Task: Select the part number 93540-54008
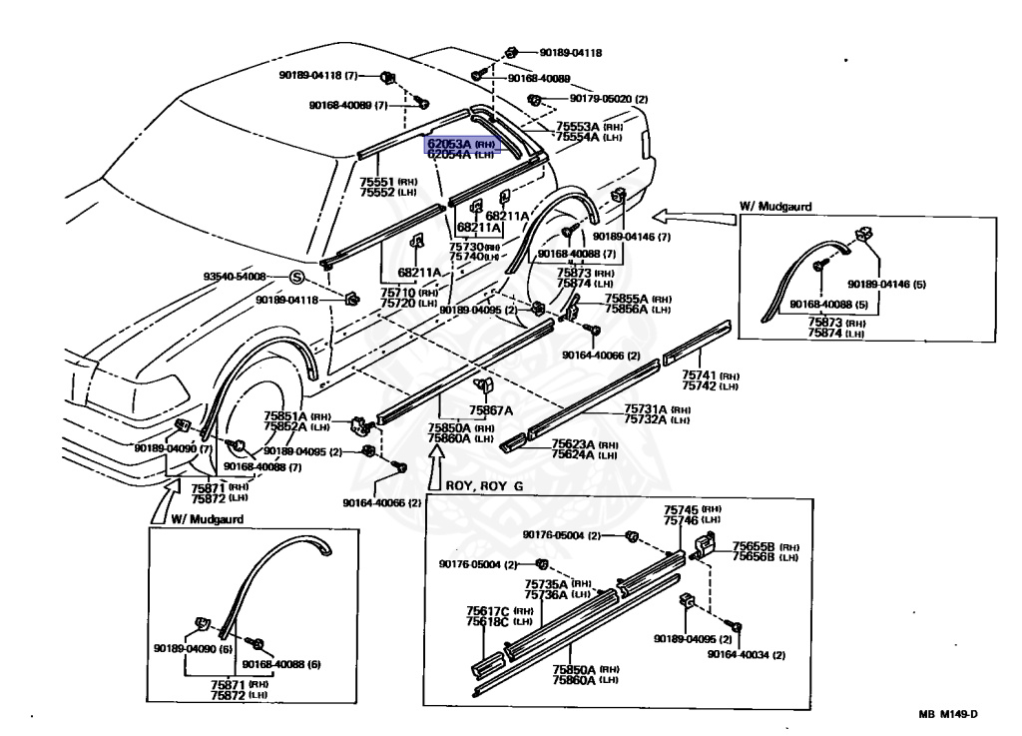click(x=236, y=276)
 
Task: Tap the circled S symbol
click(x=295, y=277)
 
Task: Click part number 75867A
click(x=490, y=410)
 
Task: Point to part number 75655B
click(x=755, y=546)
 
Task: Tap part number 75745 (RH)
click(x=682, y=509)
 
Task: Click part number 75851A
click(x=286, y=415)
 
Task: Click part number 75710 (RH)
click(x=399, y=292)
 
